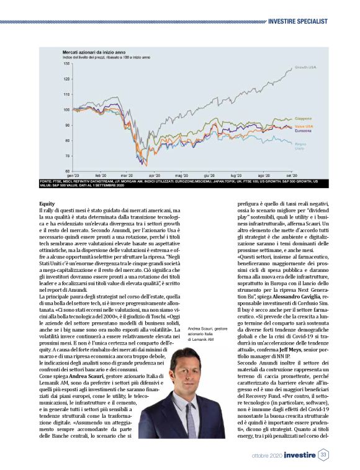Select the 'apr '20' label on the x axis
click(152, 176)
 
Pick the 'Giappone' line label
click(303, 118)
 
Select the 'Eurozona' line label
click(303, 130)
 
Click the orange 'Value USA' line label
click(303, 125)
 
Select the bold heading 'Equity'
click(47, 203)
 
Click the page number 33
click(324, 456)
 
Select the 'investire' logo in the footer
click(300, 456)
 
